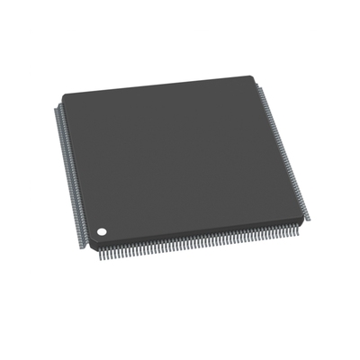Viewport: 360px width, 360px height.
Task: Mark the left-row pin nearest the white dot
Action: pos(85,236)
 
